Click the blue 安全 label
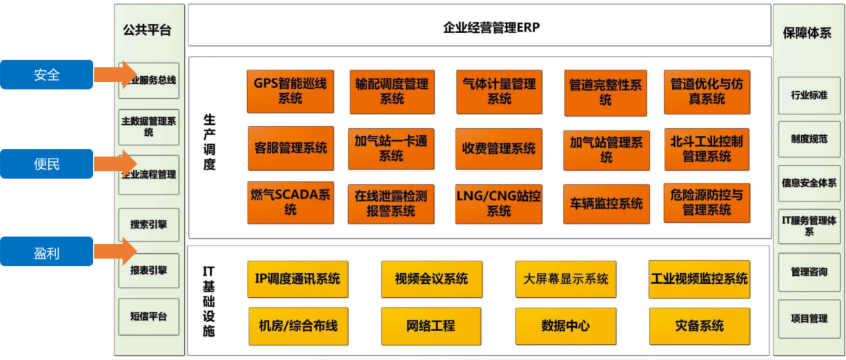tap(47, 74)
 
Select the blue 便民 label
tap(47, 164)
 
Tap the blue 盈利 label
tap(47, 252)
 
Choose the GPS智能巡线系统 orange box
tap(291, 92)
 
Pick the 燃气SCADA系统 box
tap(291, 203)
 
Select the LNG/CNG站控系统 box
tap(499, 203)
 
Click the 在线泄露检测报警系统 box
tap(391, 203)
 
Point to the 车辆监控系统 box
tap(607, 204)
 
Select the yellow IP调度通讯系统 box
tap(298, 279)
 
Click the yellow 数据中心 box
tap(566, 326)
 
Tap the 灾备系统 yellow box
tap(699, 326)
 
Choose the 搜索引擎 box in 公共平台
tap(149, 225)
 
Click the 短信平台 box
tap(149, 317)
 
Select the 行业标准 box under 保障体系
tap(809, 95)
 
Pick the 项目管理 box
tap(809, 319)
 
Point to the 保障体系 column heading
tap(808, 32)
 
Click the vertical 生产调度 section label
tap(210, 142)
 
